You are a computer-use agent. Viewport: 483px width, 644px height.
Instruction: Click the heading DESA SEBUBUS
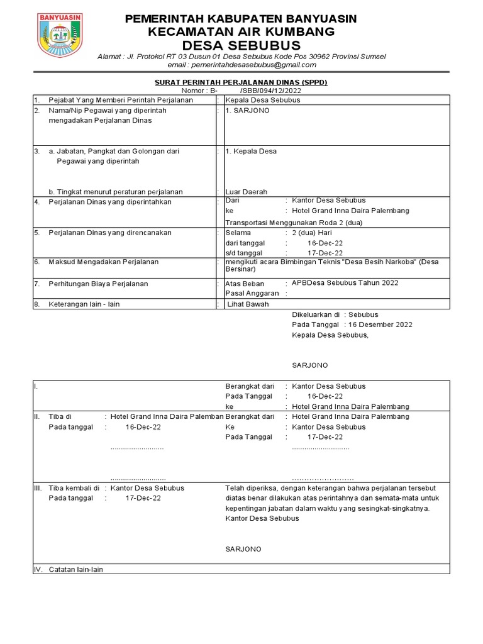click(241, 46)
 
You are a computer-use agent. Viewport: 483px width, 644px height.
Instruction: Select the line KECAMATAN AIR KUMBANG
click(241, 32)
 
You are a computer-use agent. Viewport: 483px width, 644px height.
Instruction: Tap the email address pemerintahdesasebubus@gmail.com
click(241, 65)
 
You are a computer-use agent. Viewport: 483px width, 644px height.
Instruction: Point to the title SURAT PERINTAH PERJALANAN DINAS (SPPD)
click(241, 82)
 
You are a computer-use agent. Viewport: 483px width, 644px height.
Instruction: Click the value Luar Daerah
click(246, 192)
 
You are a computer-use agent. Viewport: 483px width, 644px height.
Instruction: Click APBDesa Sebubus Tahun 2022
click(345, 283)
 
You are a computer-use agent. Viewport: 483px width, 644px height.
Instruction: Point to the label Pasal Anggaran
click(252, 293)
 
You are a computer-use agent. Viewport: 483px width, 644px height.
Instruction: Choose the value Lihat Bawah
click(248, 304)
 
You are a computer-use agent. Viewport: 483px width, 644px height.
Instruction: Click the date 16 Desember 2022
click(380, 325)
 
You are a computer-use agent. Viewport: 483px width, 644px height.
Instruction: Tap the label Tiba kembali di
click(74, 488)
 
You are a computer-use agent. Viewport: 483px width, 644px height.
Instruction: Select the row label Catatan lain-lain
click(75, 569)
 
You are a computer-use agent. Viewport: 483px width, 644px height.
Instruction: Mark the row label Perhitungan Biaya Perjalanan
click(98, 284)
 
